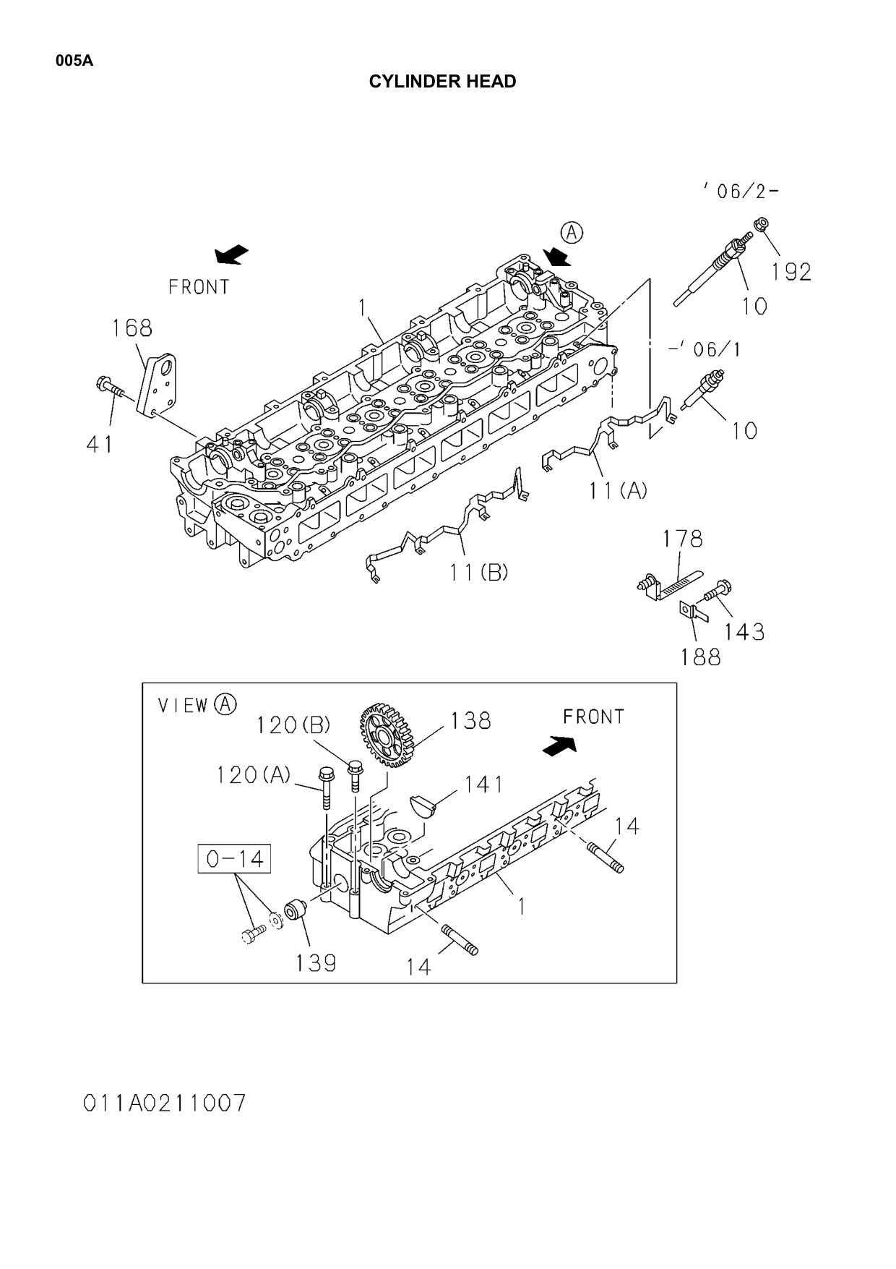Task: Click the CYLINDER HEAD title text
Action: click(x=442, y=82)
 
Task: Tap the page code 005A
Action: click(x=74, y=61)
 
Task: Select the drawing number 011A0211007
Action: click(x=165, y=1103)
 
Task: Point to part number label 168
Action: click(x=132, y=328)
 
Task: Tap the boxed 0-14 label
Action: click(x=234, y=858)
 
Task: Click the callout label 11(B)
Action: click(x=478, y=573)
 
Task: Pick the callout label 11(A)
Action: click(x=618, y=491)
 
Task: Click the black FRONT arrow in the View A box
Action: click(x=560, y=745)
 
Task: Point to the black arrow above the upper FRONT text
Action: click(x=232, y=255)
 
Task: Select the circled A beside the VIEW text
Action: click(x=226, y=704)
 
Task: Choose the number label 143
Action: click(x=744, y=632)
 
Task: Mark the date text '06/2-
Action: click(x=741, y=191)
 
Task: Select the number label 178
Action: click(x=683, y=539)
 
